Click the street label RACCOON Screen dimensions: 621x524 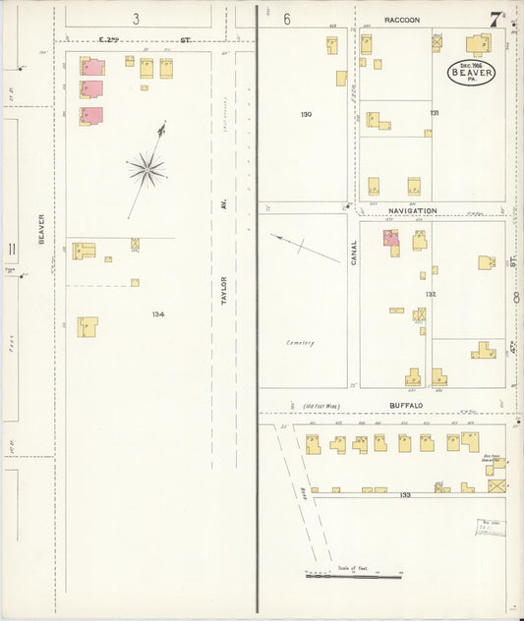402,20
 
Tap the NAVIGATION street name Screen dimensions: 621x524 411,210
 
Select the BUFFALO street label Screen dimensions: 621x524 405,405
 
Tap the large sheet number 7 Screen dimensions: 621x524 497,16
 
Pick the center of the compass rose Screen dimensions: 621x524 147,169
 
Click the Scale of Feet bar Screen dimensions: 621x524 354,576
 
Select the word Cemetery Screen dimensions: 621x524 300,343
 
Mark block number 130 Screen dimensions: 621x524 306,115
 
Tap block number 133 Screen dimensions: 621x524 404,495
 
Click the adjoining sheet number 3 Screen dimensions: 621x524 136,19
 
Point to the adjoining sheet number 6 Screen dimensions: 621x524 287,19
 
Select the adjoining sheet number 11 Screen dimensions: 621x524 12,250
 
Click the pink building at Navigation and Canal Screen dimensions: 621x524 390,237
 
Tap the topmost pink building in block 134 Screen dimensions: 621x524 92,67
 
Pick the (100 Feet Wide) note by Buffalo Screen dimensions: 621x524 322,405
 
